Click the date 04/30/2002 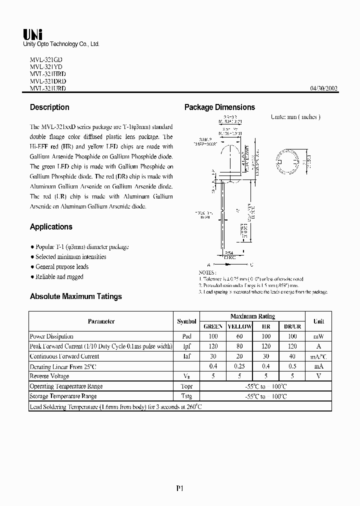(x=324, y=88)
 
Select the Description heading (x=49, y=107)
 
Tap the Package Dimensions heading (x=219, y=107)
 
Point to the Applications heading (x=51, y=227)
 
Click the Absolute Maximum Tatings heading (x=75, y=296)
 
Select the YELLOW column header (x=239, y=326)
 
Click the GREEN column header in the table (x=213, y=326)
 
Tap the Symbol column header (x=186, y=321)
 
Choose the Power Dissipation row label (x=51, y=336)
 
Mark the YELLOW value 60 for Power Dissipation (x=239, y=336)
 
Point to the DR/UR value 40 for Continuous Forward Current (x=292, y=356)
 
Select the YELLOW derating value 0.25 (x=239, y=366)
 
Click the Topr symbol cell (x=186, y=386)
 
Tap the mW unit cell (x=318, y=336)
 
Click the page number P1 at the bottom (x=180, y=489)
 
